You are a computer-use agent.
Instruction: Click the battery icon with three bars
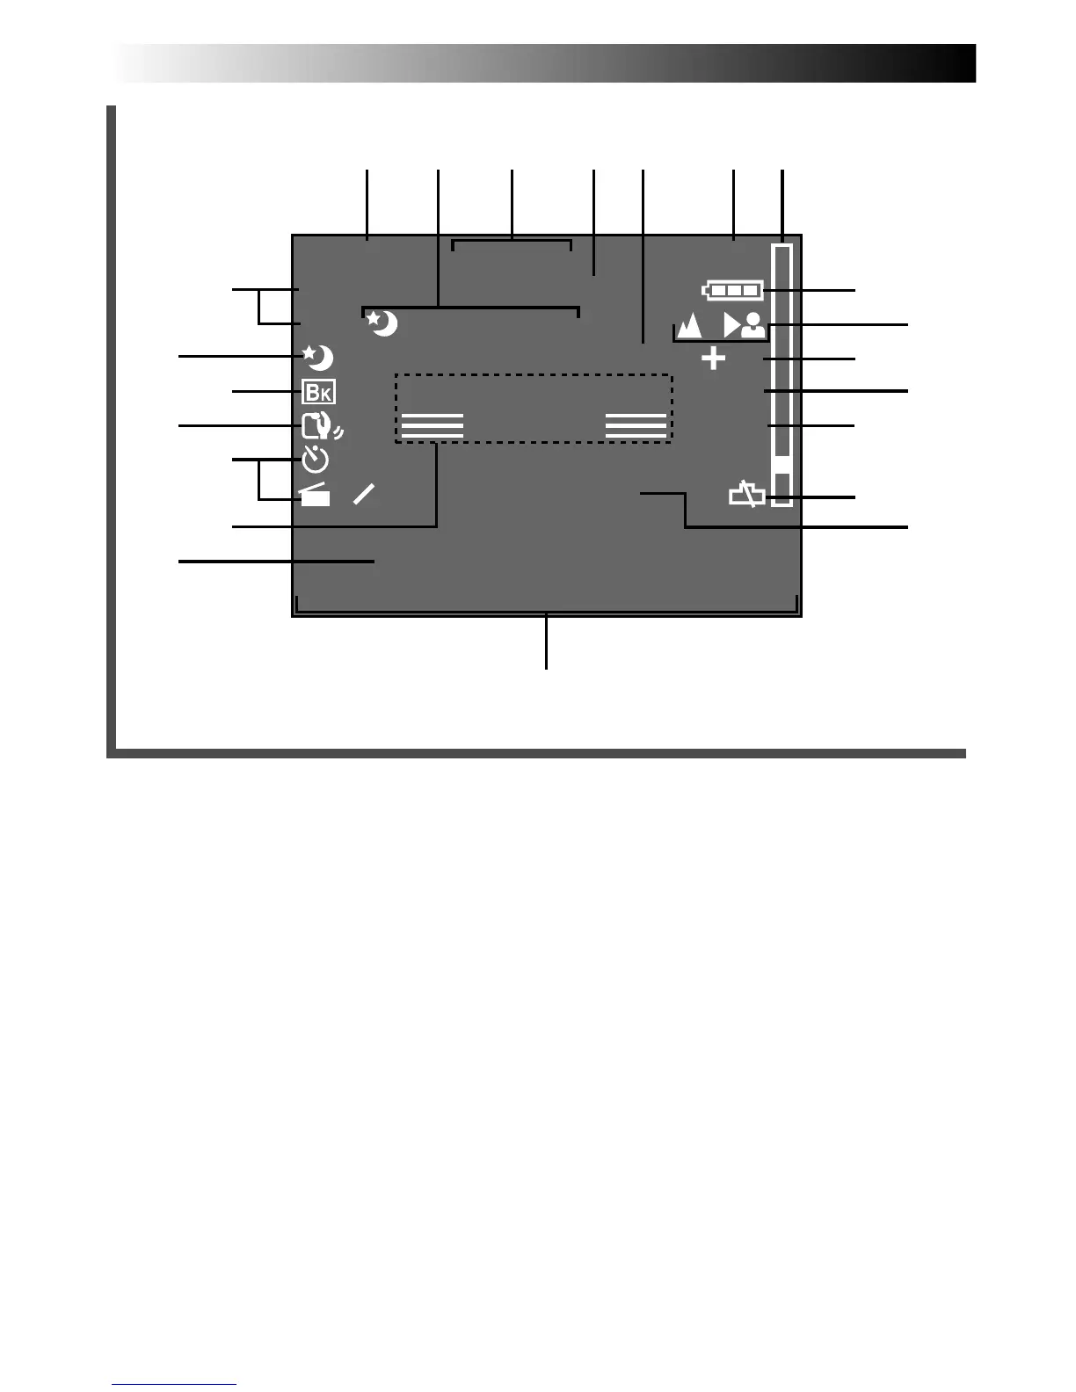tap(732, 290)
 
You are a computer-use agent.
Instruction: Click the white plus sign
tap(714, 359)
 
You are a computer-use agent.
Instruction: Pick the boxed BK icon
tap(317, 392)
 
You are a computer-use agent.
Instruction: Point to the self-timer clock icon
tap(316, 460)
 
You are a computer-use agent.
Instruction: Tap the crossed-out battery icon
tap(746, 496)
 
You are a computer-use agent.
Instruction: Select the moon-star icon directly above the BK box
tap(317, 358)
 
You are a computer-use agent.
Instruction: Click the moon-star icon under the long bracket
tap(382, 323)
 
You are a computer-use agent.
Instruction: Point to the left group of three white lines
tap(432, 425)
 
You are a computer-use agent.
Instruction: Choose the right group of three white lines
tap(636, 425)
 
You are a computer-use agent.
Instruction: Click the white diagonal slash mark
tap(364, 494)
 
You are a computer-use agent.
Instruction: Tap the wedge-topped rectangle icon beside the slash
tap(315, 496)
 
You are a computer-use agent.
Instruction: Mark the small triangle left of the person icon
tap(731, 326)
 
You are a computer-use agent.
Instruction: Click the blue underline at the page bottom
tap(174, 1384)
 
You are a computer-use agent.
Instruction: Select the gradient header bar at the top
tap(545, 63)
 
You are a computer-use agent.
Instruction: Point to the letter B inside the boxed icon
tap(312, 392)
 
